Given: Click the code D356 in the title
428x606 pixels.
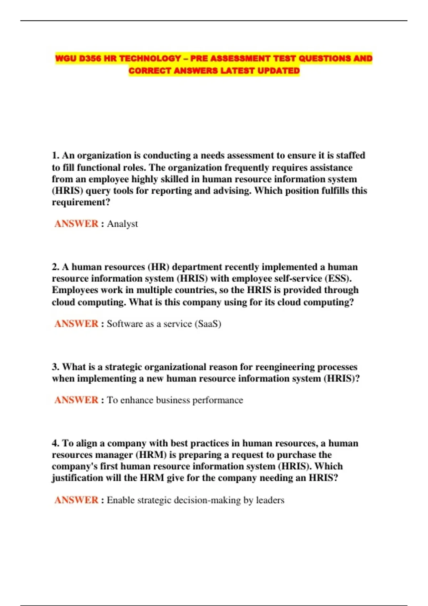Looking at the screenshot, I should (x=90, y=58).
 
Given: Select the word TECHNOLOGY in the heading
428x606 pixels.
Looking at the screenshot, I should (x=150, y=58).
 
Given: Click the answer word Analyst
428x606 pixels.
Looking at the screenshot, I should (x=122, y=224).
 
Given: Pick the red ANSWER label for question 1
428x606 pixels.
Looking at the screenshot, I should (x=76, y=224).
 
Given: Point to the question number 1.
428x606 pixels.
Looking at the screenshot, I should (x=55, y=155).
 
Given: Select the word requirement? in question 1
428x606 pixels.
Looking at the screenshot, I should (x=81, y=202).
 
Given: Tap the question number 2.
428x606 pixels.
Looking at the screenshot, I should (x=55, y=267).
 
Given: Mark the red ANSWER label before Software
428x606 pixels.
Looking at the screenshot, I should (x=76, y=324).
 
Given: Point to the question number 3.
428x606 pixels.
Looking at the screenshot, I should (x=55, y=367).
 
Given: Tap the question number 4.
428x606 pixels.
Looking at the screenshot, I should (x=55, y=443).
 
